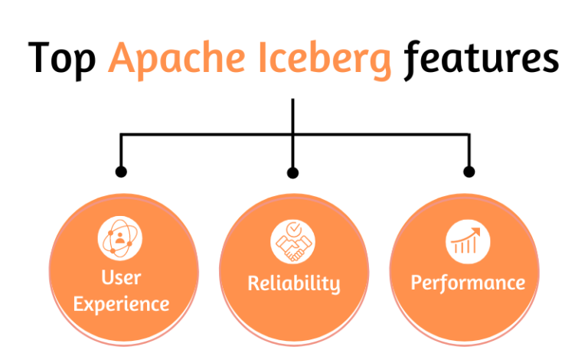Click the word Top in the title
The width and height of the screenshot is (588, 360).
[63, 59]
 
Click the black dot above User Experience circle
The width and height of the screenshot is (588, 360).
[120, 172]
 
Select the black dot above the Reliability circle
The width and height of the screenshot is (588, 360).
[292, 172]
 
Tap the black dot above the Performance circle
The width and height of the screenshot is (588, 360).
[469, 172]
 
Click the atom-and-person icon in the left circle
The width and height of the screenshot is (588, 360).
[120, 237]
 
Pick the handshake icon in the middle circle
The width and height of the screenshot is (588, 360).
[293, 242]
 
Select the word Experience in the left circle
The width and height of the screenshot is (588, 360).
[121, 304]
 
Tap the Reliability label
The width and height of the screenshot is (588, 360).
[293, 283]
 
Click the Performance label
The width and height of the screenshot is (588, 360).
[468, 283]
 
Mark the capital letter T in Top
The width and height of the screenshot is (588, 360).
[42, 58]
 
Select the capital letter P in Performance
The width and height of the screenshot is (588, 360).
[417, 283]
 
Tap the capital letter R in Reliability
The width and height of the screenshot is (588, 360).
[254, 283]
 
